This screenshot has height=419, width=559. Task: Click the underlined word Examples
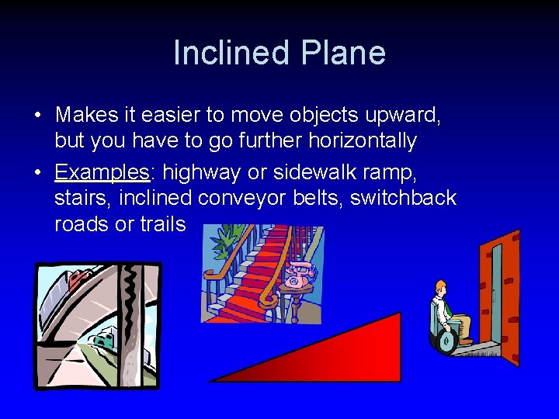point(102,171)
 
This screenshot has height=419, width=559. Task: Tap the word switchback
point(403,198)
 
